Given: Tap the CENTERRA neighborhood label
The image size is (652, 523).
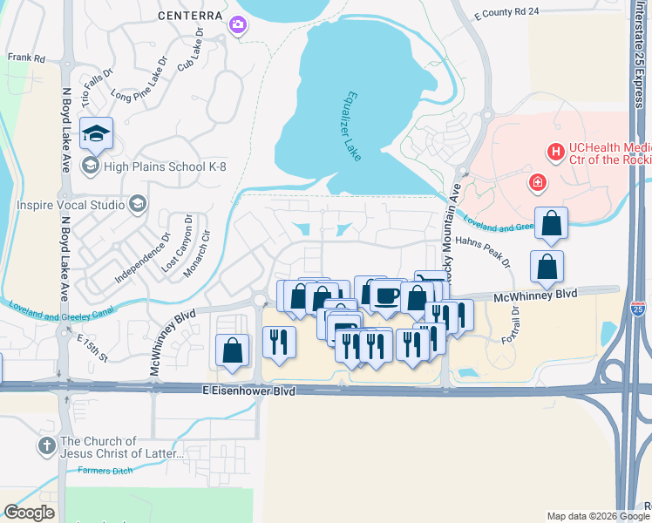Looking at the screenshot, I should point(188,17).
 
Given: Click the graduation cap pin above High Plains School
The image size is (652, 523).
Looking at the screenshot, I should point(96,133).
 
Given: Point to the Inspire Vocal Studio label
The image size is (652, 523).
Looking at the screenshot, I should point(71,205).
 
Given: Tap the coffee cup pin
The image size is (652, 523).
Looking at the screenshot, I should point(385,295).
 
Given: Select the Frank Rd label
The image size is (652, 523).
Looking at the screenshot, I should point(26,58).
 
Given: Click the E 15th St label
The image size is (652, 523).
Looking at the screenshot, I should point(92,347).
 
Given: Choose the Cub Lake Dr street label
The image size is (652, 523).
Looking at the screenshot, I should point(190,54).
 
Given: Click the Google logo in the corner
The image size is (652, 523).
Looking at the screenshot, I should point(29,512).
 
